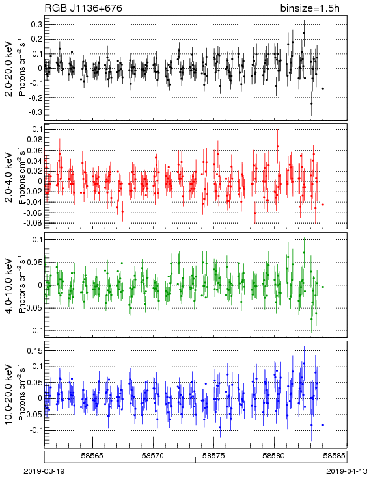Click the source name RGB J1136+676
click(x=83, y=8)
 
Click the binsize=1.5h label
click(x=310, y=8)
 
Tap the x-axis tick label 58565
click(x=92, y=456)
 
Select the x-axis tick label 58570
click(x=153, y=456)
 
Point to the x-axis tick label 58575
click(x=213, y=456)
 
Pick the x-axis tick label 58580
click(x=274, y=456)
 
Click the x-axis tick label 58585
click(x=335, y=456)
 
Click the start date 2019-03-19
click(x=44, y=471)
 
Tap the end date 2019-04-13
click(x=346, y=471)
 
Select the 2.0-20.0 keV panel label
click(x=10, y=68)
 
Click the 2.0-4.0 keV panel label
click(x=10, y=177)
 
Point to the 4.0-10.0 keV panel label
click(x=10, y=285)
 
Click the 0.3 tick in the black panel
click(x=36, y=24)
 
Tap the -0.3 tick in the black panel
click(x=35, y=112)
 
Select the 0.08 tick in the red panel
click(x=34, y=140)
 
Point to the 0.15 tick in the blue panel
click(x=34, y=350)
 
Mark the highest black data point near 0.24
click(x=304, y=33)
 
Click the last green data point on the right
click(x=323, y=287)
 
